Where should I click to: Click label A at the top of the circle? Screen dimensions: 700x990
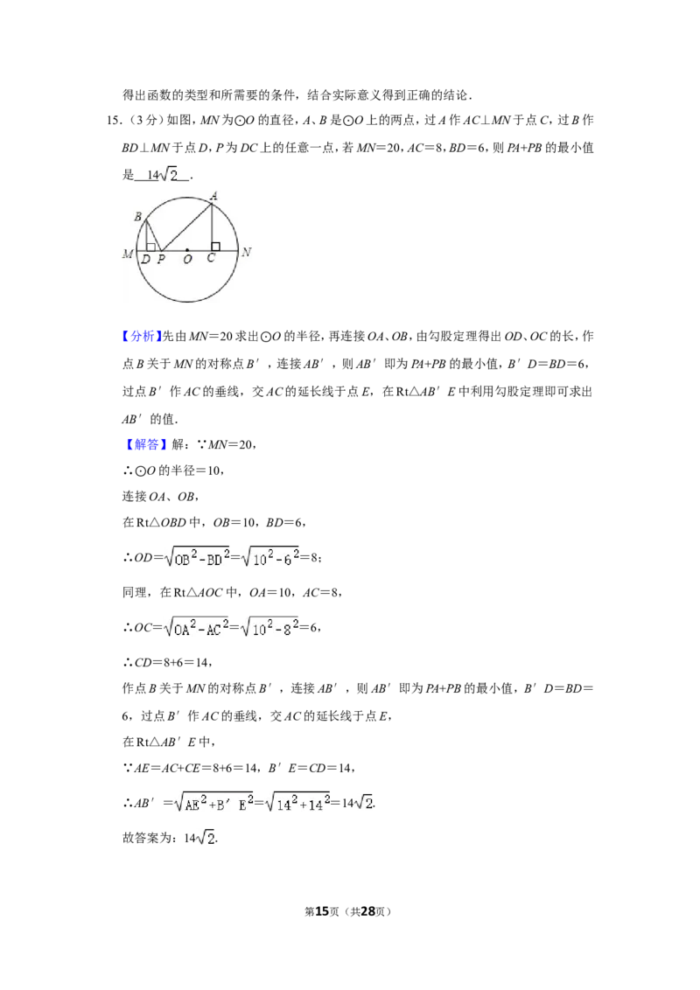(214, 197)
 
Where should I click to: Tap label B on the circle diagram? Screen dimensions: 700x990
(137, 217)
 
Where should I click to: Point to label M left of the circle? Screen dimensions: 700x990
(128, 254)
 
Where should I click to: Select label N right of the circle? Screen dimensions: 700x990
(247, 252)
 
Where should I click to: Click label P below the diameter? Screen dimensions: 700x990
(161, 259)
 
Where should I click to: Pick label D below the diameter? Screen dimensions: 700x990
(146, 260)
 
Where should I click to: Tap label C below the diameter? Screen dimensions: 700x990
(211, 258)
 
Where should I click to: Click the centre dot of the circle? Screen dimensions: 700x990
(187, 251)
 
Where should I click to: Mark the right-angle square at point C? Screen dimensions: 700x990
(215, 247)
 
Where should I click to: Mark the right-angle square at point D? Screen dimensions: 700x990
(151, 247)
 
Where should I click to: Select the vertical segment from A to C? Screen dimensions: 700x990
(212, 227)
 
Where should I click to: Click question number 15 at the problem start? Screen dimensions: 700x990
(114, 120)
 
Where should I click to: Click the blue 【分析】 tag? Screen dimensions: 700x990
(142, 336)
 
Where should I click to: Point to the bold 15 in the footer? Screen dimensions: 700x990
(322, 911)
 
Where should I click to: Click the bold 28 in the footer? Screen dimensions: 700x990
(368, 911)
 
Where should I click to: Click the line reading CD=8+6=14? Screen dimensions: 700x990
(167, 662)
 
